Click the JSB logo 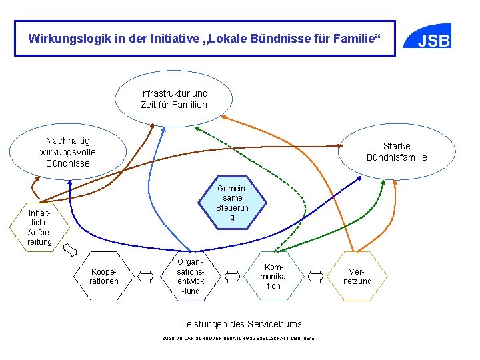[433, 40]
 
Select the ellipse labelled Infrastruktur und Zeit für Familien [173, 99]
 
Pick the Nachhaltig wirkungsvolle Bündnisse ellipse [67, 152]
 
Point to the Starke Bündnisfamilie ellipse [397, 151]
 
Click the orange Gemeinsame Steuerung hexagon [232, 203]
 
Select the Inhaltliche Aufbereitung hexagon [39, 227]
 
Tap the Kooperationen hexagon [104, 276]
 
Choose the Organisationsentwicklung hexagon [190, 276]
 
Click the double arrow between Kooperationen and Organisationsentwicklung [145, 275]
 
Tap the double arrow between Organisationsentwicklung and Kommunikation [232, 275]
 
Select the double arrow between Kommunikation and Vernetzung [316, 275]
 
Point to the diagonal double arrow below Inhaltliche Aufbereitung [69, 251]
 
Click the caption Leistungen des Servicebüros [237, 324]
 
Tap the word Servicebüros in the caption [274, 324]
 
